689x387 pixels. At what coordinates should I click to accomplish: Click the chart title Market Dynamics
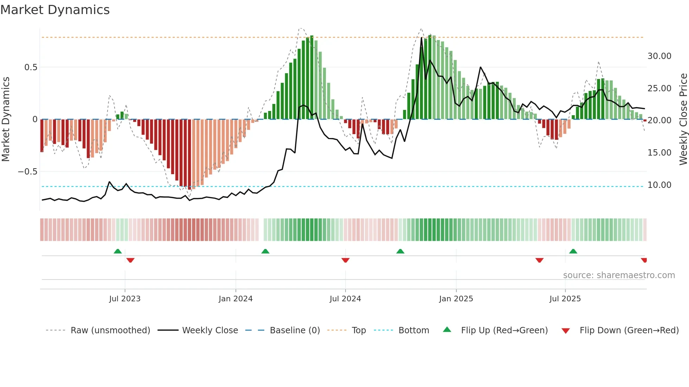[x=55, y=10]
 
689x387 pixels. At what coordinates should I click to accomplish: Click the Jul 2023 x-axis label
[x=125, y=299]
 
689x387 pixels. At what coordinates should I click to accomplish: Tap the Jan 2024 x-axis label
[x=236, y=299]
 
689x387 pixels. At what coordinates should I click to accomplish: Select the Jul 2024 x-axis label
[x=345, y=299]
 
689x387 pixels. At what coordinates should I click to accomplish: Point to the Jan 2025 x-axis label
[x=456, y=299]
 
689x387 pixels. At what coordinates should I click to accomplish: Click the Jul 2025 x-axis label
[x=565, y=299]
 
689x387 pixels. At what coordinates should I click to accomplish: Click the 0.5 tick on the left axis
[x=31, y=67]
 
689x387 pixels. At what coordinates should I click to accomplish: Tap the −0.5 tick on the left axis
[x=27, y=172]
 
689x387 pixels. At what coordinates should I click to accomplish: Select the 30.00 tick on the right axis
[x=659, y=56]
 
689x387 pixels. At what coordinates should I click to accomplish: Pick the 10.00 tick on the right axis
[x=659, y=185]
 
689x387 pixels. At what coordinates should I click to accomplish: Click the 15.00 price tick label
[x=659, y=153]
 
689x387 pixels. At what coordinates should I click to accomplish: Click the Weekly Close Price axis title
[x=683, y=119]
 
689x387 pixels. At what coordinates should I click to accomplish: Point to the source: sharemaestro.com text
[x=619, y=275]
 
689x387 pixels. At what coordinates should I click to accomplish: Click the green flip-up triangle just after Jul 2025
[x=573, y=251]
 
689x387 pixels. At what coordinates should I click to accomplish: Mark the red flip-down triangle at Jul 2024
[x=345, y=260]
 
